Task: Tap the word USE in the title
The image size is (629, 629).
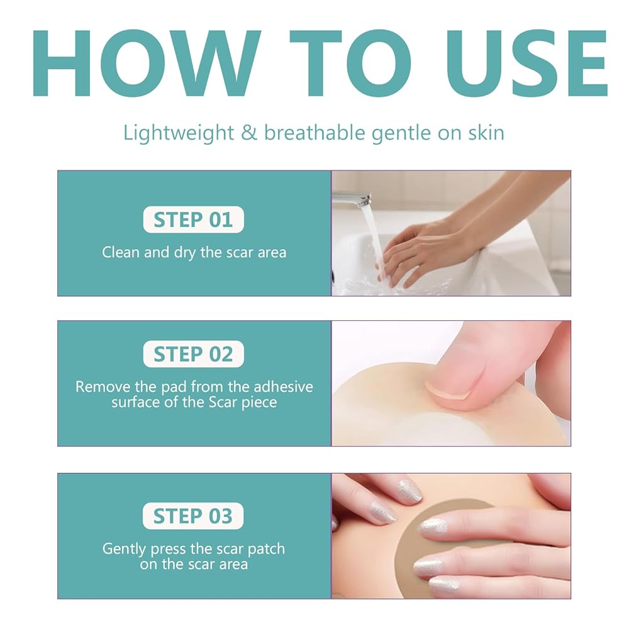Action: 526,63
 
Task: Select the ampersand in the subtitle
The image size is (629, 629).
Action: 248,133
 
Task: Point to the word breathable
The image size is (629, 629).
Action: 314,132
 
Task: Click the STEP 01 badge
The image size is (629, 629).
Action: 193,220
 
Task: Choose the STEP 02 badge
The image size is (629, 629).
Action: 193,353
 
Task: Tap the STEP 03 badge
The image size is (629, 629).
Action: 193,516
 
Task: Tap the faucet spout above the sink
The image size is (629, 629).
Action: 352,198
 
